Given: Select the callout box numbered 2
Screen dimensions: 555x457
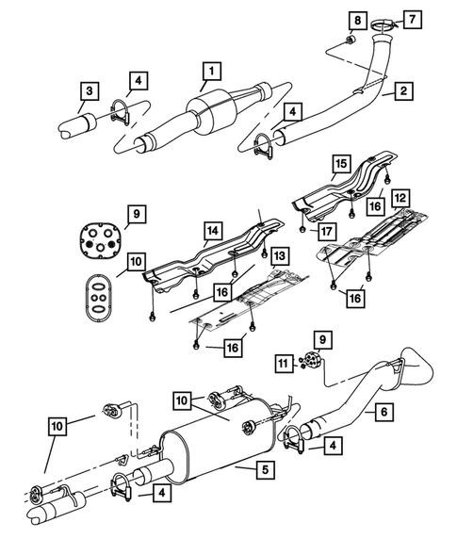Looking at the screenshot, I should tap(402, 91).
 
